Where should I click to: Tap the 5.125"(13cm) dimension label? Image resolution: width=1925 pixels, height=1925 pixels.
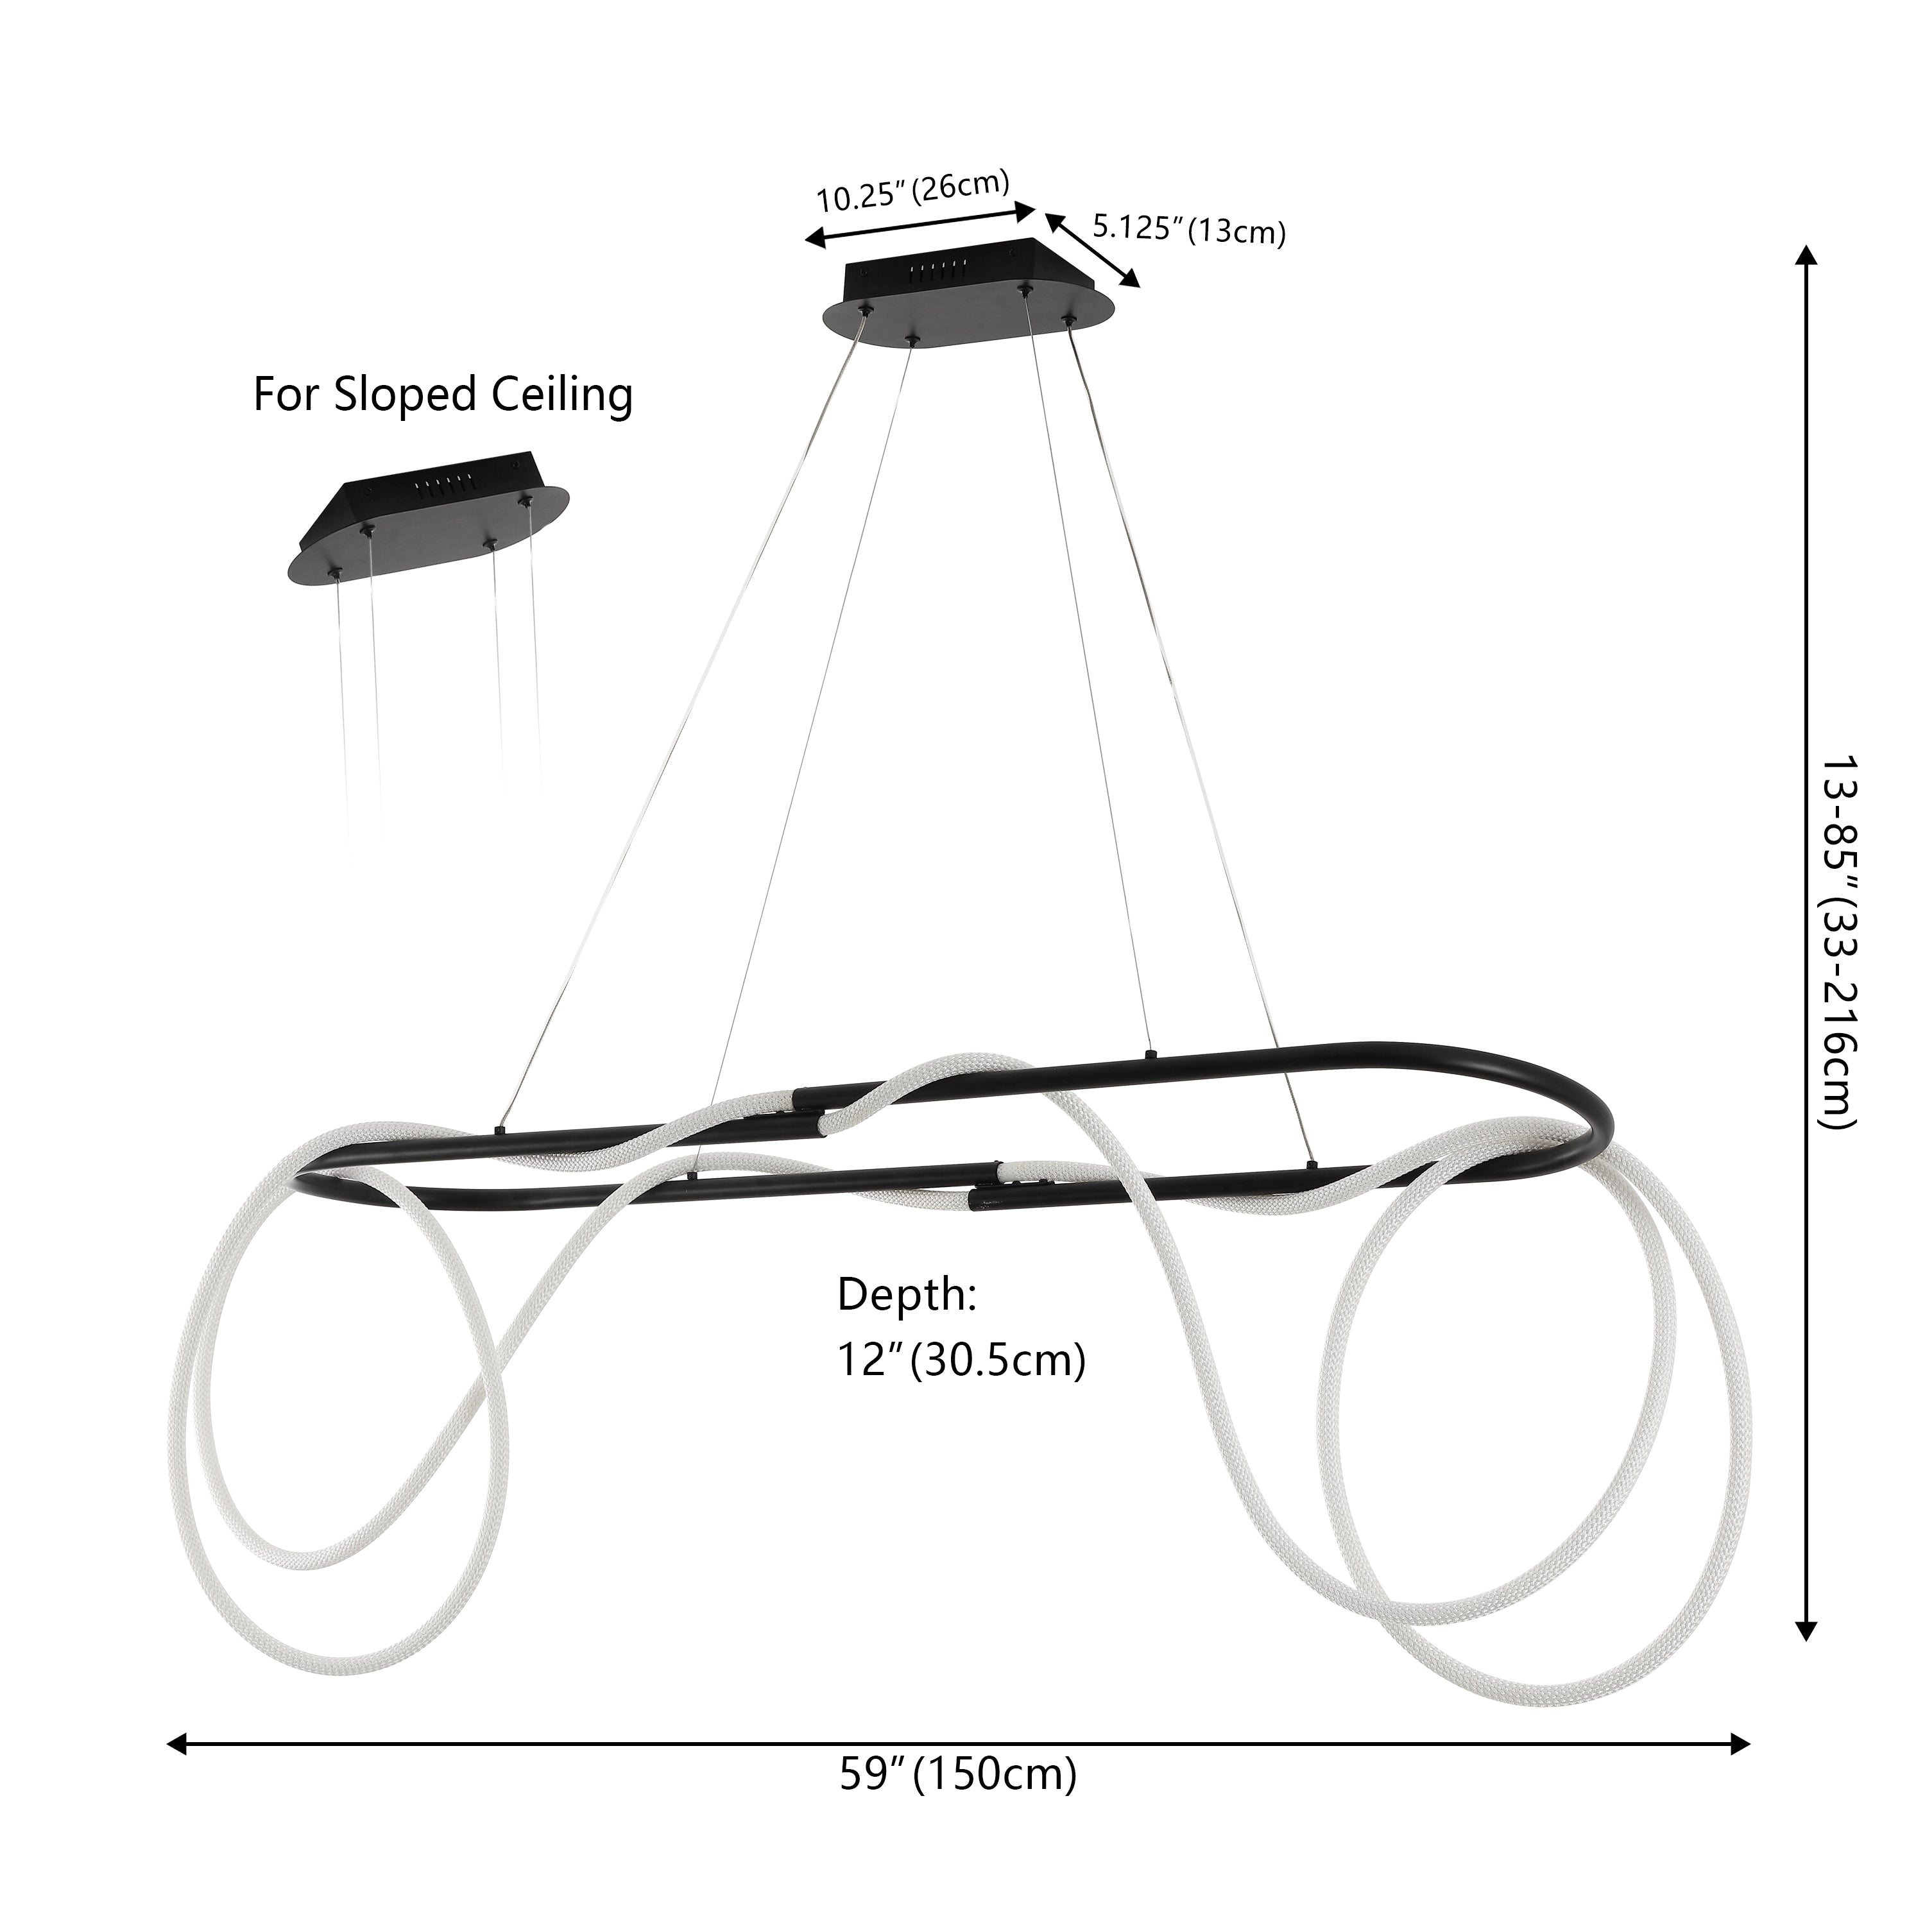[1188, 229]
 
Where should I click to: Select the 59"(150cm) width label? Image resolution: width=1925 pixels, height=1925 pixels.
[957, 1775]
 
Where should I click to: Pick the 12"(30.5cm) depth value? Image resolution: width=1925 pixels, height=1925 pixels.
[961, 1360]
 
